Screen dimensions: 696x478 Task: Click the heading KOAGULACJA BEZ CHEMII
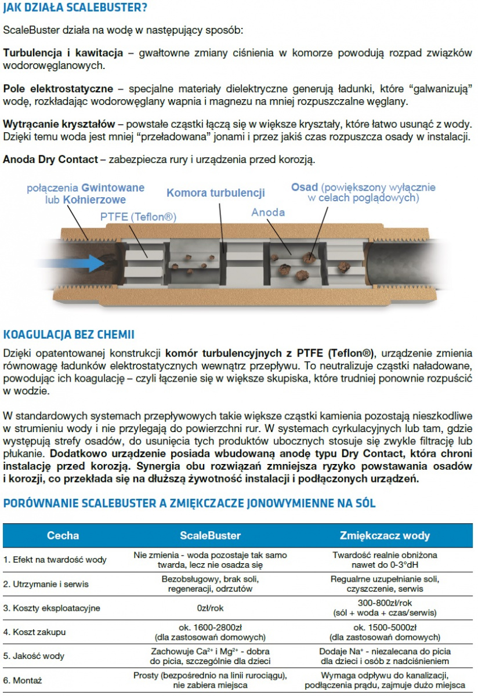point(69,335)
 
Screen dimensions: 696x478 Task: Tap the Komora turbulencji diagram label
point(216,193)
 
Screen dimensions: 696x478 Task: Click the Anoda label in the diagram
point(268,212)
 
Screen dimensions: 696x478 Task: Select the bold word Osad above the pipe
point(304,187)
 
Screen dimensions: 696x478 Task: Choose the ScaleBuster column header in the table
point(210,535)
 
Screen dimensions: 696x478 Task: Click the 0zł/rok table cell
point(210,608)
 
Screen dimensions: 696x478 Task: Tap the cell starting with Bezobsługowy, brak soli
point(210,583)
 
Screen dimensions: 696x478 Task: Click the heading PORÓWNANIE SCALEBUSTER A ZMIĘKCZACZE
point(189,503)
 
